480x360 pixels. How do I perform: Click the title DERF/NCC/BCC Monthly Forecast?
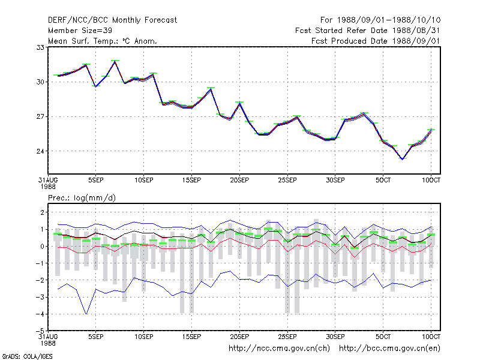tap(112, 20)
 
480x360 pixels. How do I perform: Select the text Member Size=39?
tap(80, 31)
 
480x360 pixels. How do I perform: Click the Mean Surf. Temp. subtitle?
tap(103, 41)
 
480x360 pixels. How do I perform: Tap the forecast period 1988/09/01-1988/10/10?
tap(389, 20)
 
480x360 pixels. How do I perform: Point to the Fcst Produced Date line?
tap(376, 41)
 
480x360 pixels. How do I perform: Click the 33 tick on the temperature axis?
tap(40, 47)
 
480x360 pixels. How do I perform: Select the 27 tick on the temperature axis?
tap(40, 116)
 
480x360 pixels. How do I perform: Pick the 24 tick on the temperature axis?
tap(40, 151)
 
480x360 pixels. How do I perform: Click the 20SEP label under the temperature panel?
tap(239, 181)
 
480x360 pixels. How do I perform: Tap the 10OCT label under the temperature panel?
tap(431, 181)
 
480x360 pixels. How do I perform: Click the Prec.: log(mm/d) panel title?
tap(82, 198)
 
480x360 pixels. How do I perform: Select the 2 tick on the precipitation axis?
tap(42, 212)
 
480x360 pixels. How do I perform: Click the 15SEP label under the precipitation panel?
tap(191, 337)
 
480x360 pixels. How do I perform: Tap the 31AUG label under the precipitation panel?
tap(48, 337)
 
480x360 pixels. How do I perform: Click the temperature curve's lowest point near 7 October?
tap(402, 159)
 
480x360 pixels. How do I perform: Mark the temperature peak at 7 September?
tap(115, 62)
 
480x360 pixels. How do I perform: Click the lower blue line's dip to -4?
tap(86, 314)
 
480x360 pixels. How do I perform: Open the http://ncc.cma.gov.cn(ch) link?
tap(279, 349)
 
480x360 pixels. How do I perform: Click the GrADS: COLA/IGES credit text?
tap(27, 356)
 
